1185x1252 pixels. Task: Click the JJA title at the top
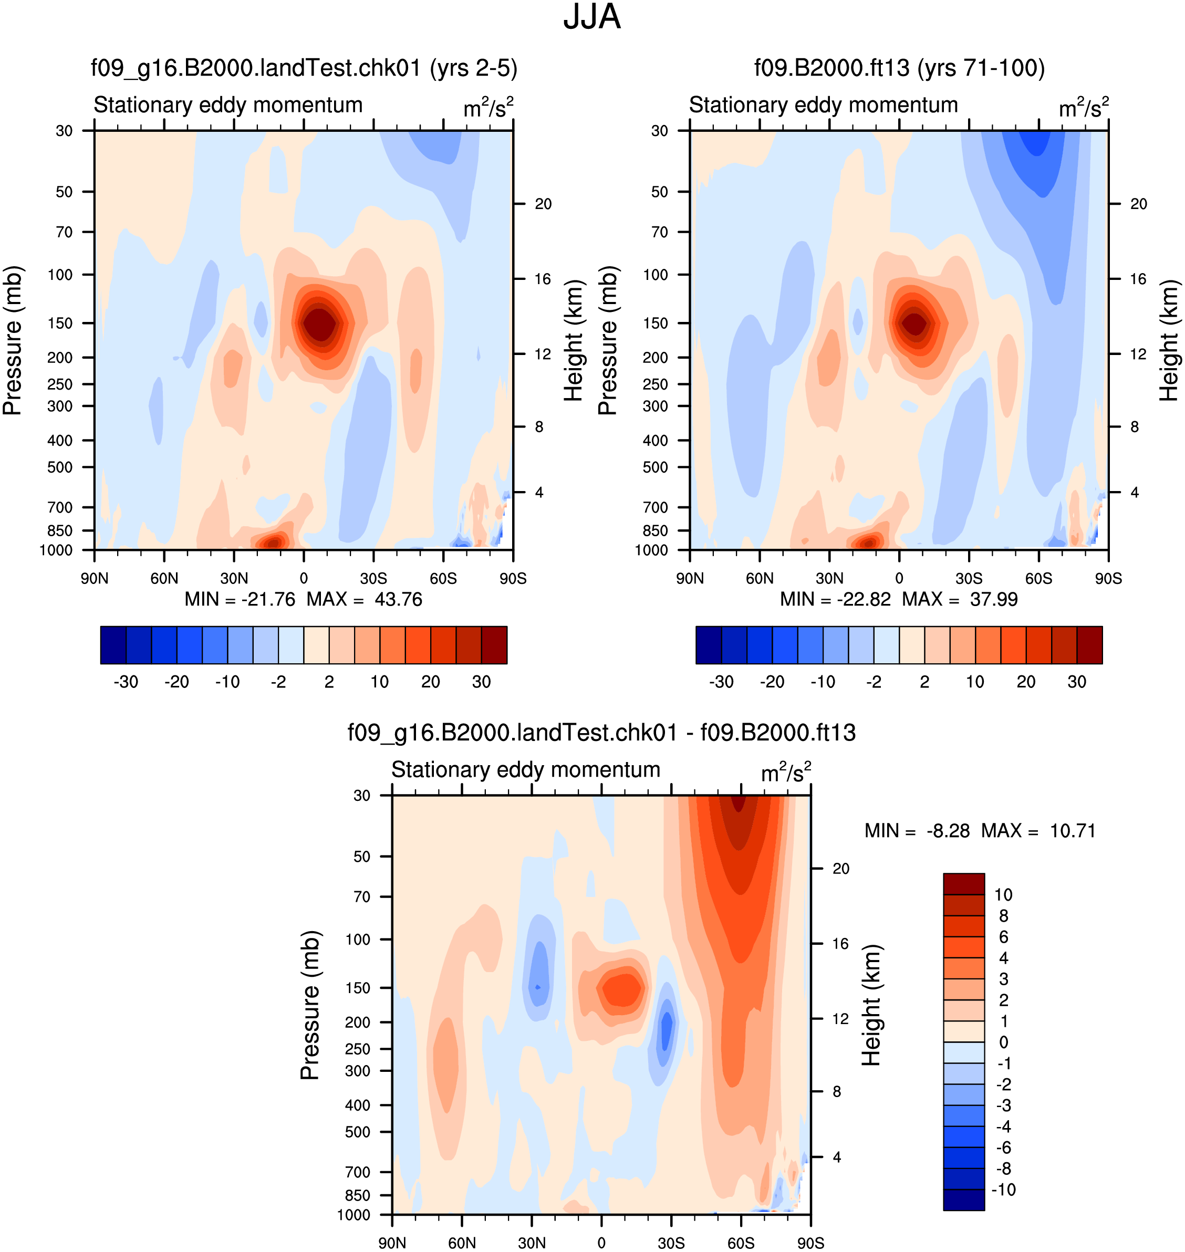[592, 17]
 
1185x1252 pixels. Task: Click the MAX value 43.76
[398, 599]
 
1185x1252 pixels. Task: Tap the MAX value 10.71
[1073, 831]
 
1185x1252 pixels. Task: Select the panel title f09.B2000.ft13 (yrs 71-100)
[899, 68]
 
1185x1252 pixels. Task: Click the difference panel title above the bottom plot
[601, 733]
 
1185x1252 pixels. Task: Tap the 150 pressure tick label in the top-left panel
[60, 324]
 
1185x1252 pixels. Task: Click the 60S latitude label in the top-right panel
[1038, 579]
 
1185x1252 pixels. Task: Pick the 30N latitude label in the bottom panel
[532, 1243]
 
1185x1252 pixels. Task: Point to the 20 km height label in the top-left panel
[543, 204]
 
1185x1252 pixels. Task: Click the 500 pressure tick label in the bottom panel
[358, 1132]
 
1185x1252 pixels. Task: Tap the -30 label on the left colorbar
[126, 682]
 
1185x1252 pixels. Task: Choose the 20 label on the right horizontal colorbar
[1026, 682]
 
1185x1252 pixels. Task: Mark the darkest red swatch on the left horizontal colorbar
[494, 645]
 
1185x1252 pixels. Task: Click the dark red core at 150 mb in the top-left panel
[321, 324]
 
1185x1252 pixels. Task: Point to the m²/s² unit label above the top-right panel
[1084, 107]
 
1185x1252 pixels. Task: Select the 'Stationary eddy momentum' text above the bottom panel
[526, 770]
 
